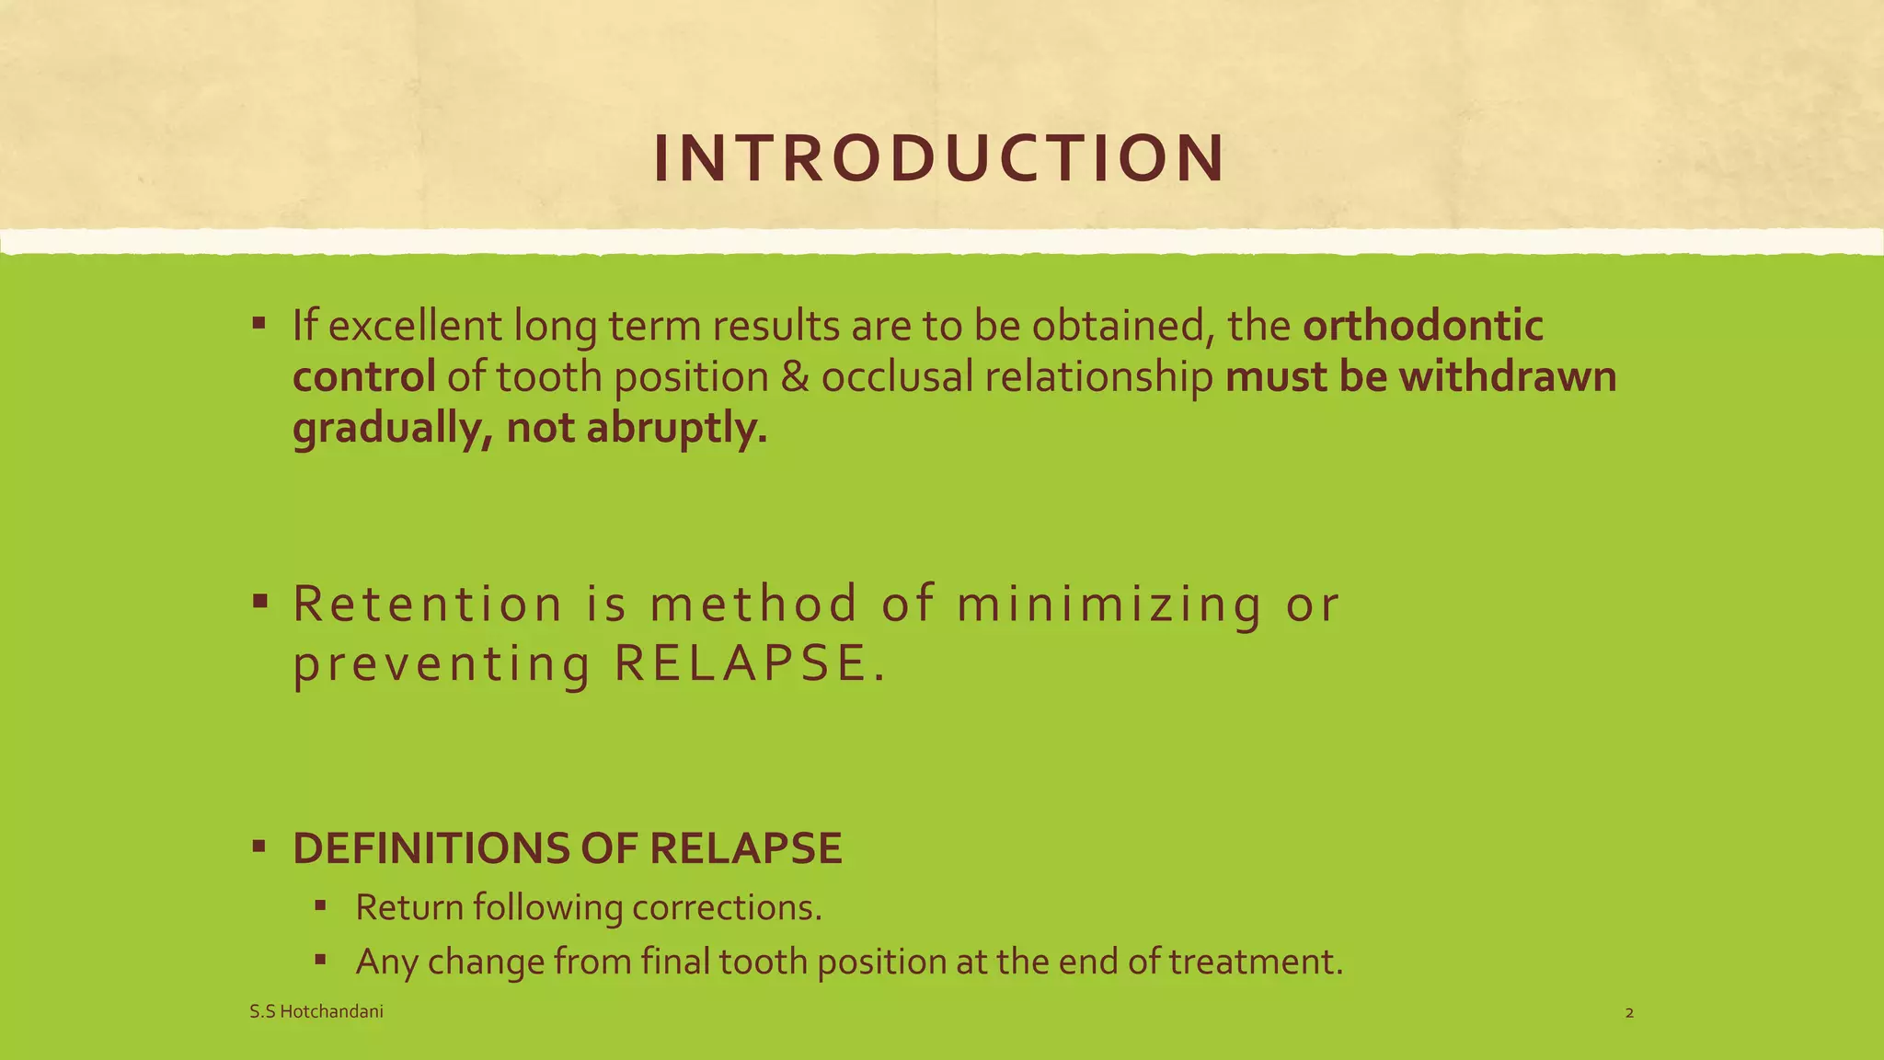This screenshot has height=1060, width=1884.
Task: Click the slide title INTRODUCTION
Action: pyautogui.click(x=939, y=158)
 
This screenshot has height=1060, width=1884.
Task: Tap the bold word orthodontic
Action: pyautogui.click(x=1422, y=326)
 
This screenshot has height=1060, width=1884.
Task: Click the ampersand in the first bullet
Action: pyautogui.click(x=794, y=377)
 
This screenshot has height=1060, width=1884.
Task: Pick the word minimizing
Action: pyautogui.click(x=1109, y=606)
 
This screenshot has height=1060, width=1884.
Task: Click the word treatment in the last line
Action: pyautogui.click(x=1256, y=962)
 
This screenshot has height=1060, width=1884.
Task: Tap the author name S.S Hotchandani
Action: pyautogui.click(x=316, y=1012)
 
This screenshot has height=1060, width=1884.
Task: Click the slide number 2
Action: pyautogui.click(x=1629, y=1013)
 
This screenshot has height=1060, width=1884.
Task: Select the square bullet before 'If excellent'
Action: pyautogui.click(x=258, y=324)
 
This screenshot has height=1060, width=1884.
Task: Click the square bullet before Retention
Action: pyautogui.click(x=258, y=603)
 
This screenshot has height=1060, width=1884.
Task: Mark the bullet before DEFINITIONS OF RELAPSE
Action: pyautogui.click(x=258, y=846)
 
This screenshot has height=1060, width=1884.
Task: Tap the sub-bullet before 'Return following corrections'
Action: pyautogui.click(x=320, y=905)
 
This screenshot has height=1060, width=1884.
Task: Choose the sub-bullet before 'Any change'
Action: pyautogui.click(x=320, y=960)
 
